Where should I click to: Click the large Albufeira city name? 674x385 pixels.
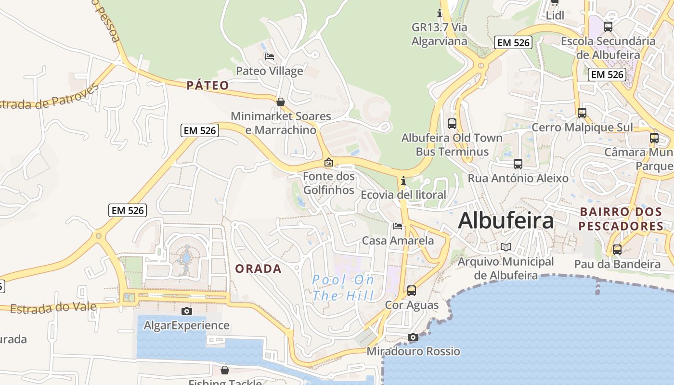pyautogui.click(x=506, y=221)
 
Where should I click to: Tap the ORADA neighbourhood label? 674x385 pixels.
pyautogui.click(x=259, y=269)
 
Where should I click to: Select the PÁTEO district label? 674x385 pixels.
pyautogui.click(x=208, y=86)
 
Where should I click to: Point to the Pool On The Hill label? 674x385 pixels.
pyautogui.click(x=343, y=287)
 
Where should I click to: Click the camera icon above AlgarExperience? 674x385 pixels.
pyautogui.click(x=187, y=311)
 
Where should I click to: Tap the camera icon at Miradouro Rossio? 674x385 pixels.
pyautogui.click(x=413, y=337)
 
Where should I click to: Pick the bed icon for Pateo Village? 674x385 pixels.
pyautogui.click(x=270, y=57)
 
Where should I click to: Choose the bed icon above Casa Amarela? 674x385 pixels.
pyautogui.click(x=397, y=226)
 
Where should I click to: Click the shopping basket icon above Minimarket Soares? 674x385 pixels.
pyautogui.click(x=281, y=102)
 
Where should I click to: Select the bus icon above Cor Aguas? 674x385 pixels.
pyautogui.click(x=412, y=291)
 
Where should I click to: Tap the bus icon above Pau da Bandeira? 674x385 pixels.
pyautogui.click(x=617, y=250)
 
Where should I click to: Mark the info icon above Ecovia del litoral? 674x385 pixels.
pyautogui.click(x=403, y=181)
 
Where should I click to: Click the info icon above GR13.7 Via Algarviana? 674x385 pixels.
pyautogui.click(x=439, y=13)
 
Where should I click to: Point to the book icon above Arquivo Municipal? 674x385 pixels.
pyautogui.click(x=505, y=247)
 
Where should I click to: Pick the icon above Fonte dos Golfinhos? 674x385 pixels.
pyautogui.click(x=329, y=163)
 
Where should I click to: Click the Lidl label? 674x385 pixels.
pyautogui.click(x=555, y=15)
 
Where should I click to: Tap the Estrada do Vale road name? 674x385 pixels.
pyautogui.click(x=53, y=308)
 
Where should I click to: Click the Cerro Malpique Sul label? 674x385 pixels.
pyautogui.click(x=582, y=128)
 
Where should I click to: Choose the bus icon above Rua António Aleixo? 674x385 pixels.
pyautogui.click(x=518, y=164)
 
